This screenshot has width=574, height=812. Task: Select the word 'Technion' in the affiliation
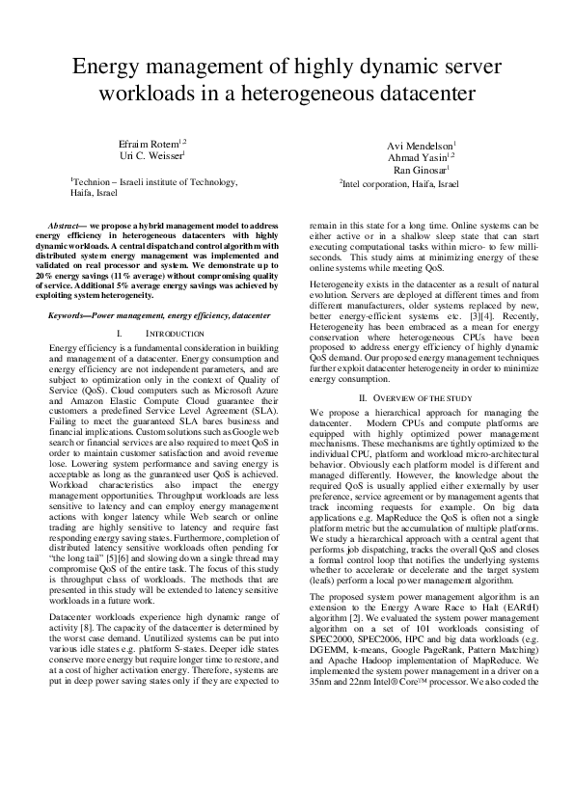pyautogui.click(x=94, y=181)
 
